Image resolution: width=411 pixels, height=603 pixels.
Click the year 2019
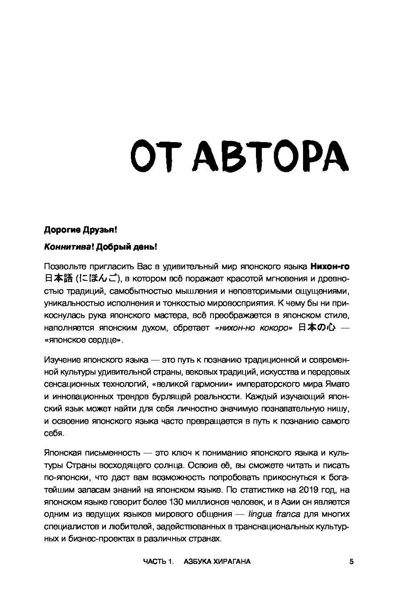[302, 489]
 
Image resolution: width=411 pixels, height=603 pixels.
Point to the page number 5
[351, 561]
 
